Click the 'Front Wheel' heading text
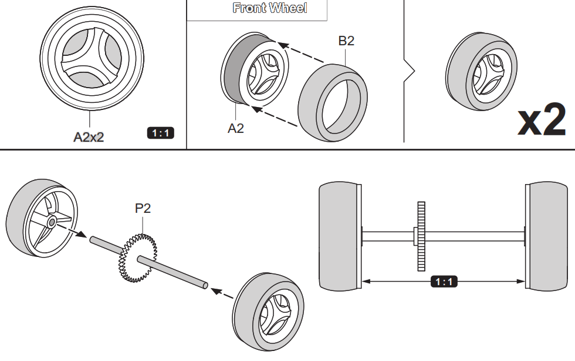269,8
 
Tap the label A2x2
89,137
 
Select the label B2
346,41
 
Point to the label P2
143,208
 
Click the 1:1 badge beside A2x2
160,133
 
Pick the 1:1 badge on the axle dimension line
444,282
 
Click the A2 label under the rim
236,128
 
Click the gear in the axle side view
420,236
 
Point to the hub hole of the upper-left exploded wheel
52,222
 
